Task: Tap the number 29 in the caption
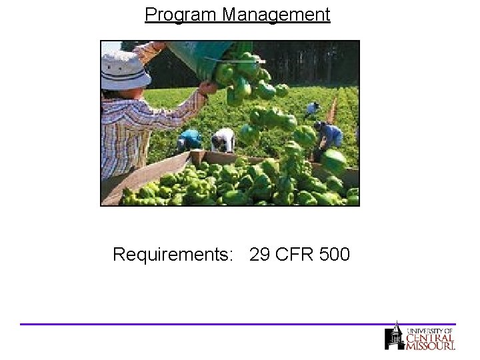tap(260, 255)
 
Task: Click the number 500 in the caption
tap(333, 255)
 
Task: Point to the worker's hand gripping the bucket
tap(209, 87)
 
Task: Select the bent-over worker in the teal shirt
tap(189, 140)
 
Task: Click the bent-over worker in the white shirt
tap(223, 139)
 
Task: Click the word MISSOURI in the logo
tap(431, 346)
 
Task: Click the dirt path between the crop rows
tap(331, 107)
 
